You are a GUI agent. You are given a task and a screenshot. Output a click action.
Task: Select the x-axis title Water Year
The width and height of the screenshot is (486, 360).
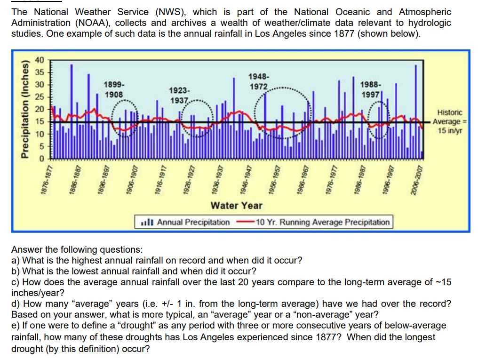(x=237, y=205)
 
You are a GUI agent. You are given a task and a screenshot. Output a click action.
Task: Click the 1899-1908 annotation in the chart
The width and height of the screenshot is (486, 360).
(x=114, y=90)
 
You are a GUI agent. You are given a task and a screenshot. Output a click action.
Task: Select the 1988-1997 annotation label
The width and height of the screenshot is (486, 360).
(x=371, y=89)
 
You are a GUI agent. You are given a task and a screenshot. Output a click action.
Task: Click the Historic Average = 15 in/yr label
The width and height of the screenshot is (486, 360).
(x=450, y=121)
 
